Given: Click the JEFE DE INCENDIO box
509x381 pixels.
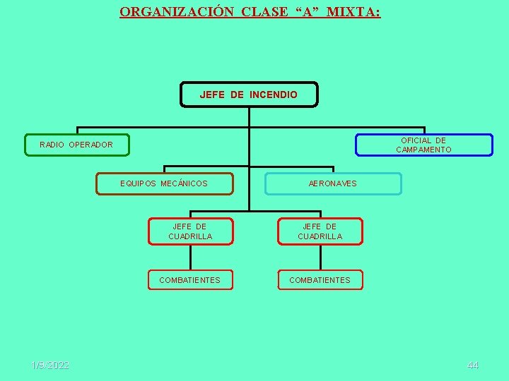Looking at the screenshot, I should click(x=249, y=95).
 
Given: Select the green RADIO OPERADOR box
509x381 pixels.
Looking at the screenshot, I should click(x=77, y=145).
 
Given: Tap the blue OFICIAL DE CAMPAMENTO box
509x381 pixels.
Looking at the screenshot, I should click(x=423, y=145).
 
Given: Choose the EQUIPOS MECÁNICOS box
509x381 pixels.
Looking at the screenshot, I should click(x=164, y=183).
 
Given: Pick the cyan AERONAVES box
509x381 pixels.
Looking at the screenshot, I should click(x=332, y=183).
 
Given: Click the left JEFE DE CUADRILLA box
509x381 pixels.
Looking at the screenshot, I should click(x=189, y=231).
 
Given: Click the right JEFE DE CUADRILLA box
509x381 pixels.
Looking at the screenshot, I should click(x=320, y=231).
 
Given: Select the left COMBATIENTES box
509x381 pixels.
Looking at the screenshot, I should click(x=189, y=280).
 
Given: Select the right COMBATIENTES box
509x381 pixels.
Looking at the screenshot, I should click(x=320, y=280).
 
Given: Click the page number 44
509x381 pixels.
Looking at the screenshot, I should click(x=473, y=365).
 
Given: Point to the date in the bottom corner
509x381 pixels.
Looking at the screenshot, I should click(x=50, y=365).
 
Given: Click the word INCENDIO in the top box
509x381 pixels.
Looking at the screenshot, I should click(x=274, y=95).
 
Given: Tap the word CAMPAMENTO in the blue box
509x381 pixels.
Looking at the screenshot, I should click(x=423, y=150).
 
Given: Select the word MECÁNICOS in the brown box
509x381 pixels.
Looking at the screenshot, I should click(x=185, y=183).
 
